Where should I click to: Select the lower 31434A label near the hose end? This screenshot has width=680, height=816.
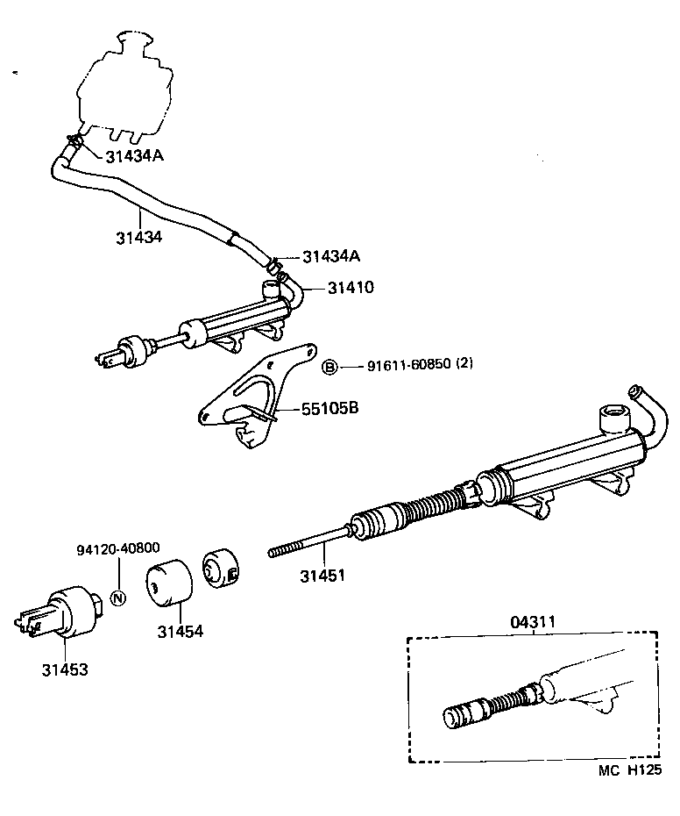pos(331,256)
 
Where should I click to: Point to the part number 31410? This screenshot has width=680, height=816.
pos(351,287)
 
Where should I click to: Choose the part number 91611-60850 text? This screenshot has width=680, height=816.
pos(408,366)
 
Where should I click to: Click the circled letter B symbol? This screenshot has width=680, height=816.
pos(330,367)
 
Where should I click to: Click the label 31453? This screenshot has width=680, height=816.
pos(64,669)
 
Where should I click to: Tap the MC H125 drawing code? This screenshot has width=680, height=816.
pos(629,771)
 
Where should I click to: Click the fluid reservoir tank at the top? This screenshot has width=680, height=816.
pos(122,88)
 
